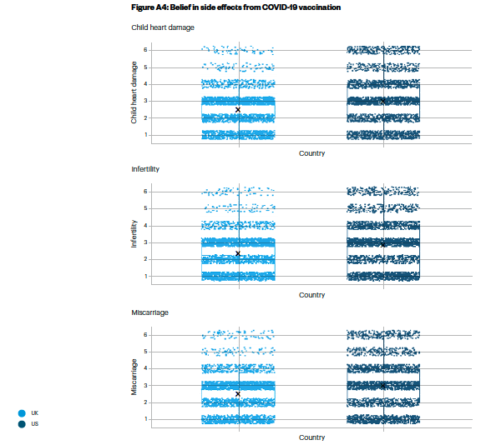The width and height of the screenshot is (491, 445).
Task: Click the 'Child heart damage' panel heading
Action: tap(163, 27)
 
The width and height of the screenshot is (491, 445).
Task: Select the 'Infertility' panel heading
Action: tap(145, 169)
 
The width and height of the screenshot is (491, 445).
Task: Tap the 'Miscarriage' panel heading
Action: tap(149, 312)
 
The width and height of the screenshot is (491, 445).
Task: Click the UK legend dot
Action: tap(22, 413)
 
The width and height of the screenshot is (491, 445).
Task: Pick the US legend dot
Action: tap(22, 424)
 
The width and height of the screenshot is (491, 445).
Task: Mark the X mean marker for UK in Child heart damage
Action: tap(238, 110)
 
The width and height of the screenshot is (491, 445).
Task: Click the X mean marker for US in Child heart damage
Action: tap(382, 102)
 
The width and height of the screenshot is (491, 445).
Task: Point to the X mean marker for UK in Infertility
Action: tap(238, 253)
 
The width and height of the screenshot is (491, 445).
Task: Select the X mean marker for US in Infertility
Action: tap(382, 245)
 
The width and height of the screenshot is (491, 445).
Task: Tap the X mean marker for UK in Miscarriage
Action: tap(238, 394)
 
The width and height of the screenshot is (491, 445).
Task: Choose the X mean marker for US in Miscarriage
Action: tap(382, 386)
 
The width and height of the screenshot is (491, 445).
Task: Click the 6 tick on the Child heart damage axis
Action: tap(145, 50)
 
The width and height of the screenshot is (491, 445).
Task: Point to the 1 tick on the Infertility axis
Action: tap(146, 277)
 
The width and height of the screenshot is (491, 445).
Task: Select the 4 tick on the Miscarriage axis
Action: tap(145, 368)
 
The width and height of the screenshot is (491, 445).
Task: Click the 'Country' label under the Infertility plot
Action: tap(312, 295)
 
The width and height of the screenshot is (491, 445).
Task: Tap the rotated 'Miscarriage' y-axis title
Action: tap(134, 377)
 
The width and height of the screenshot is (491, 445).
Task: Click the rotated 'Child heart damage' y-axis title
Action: tap(134, 92)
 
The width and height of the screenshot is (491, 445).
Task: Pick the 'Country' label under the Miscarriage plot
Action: tap(312, 437)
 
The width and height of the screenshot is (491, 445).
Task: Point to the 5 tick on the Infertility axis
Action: tap(145, 208)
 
